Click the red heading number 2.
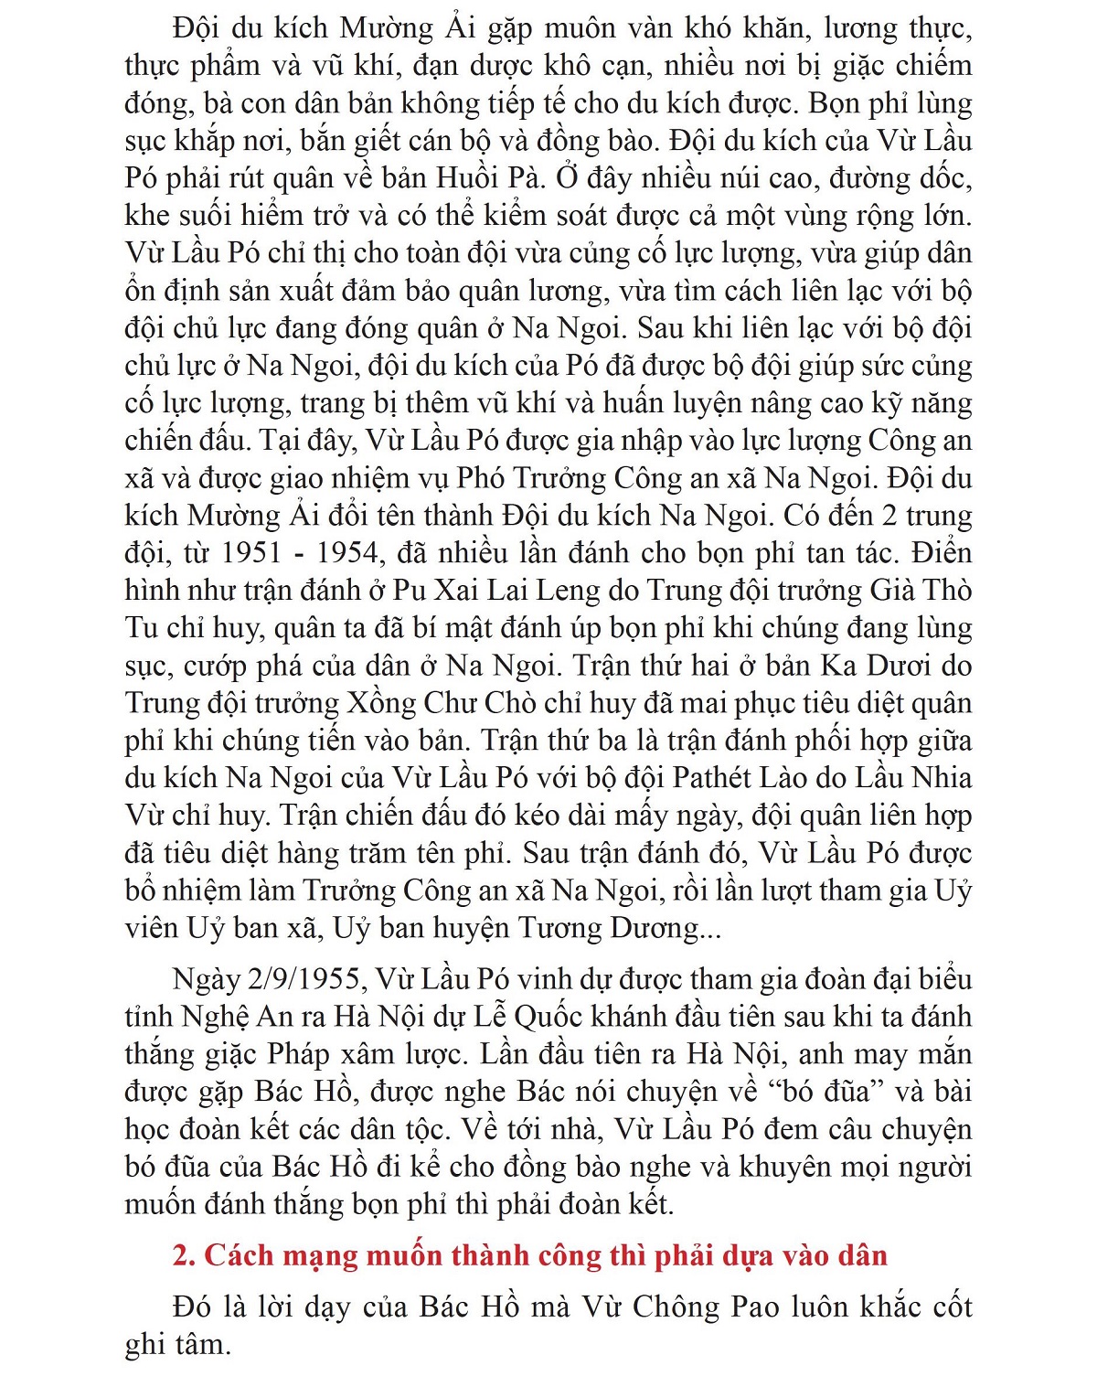[x=184, y=1255]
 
